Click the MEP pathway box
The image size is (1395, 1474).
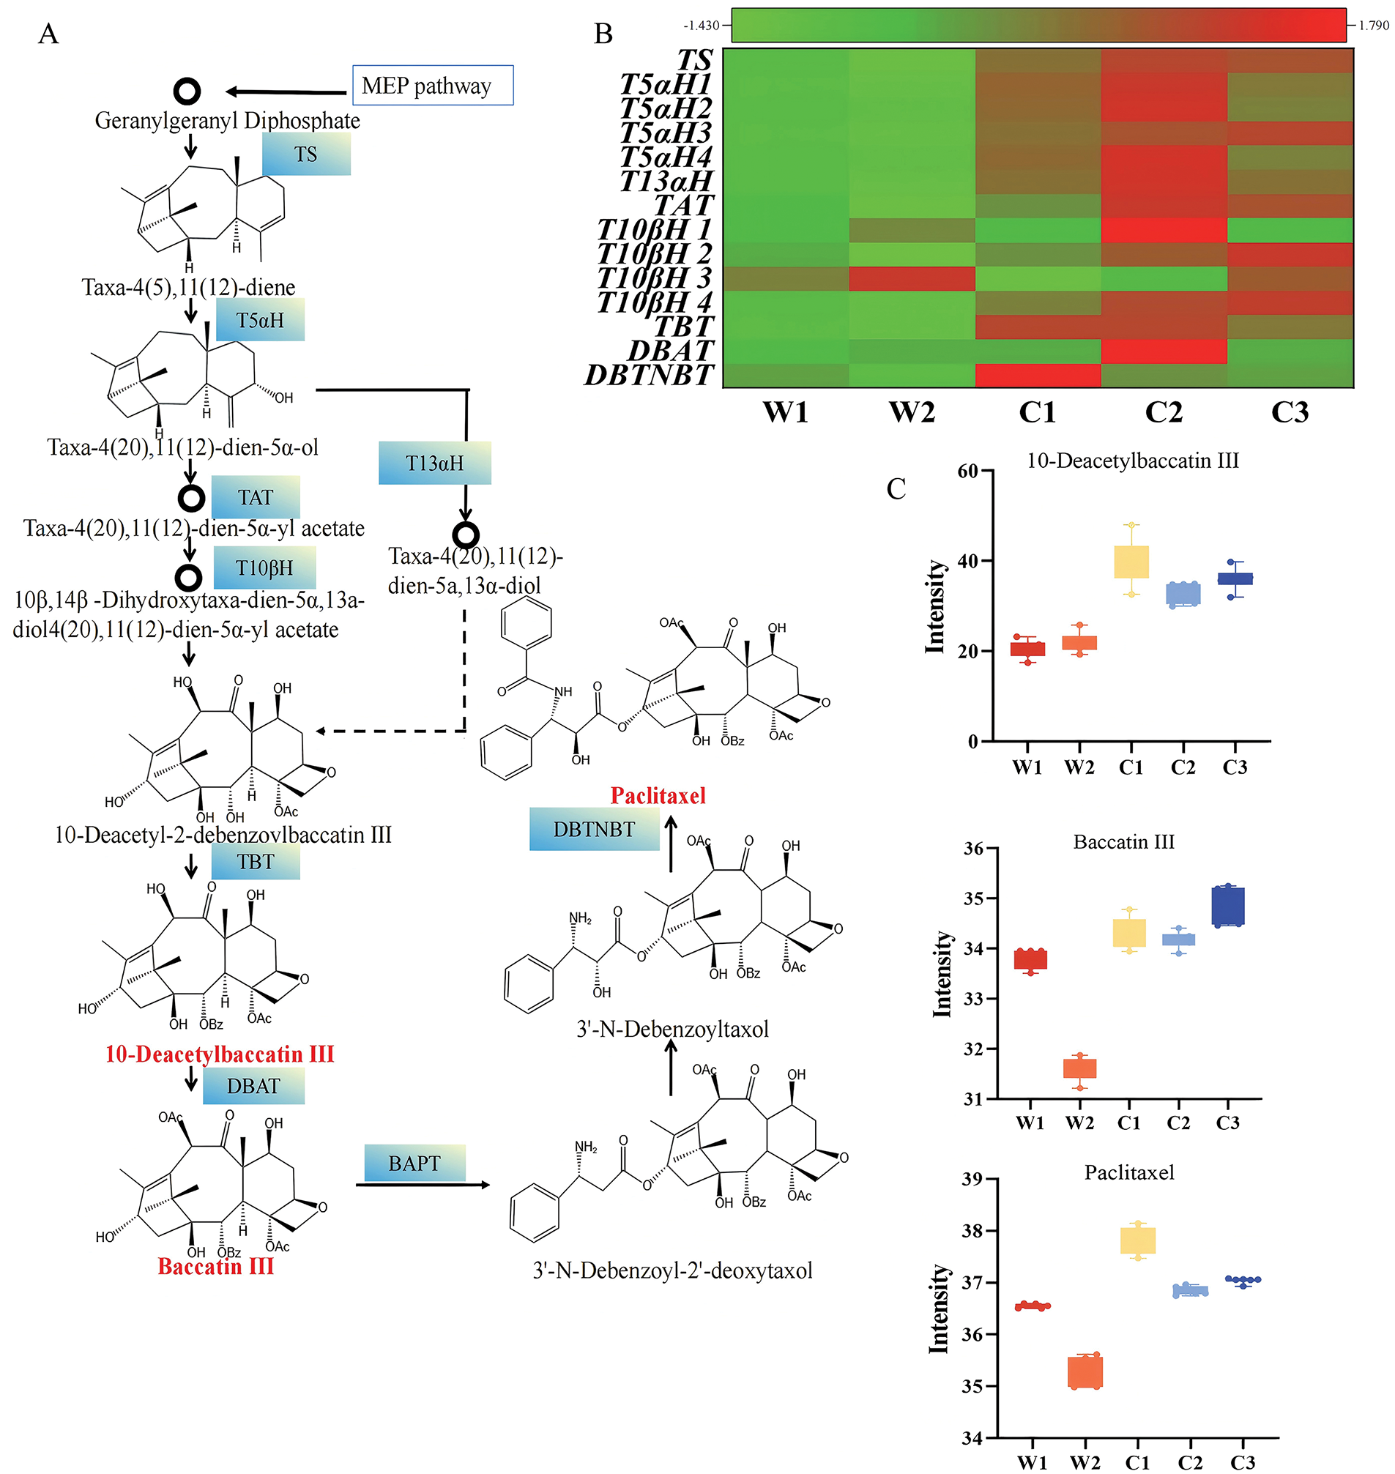(432, 86)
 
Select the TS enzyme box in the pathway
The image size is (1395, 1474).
(305, 154)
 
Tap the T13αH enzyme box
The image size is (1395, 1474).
(434, 463)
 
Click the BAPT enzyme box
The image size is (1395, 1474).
(414, 1162)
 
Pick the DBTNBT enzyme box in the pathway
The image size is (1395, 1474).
(593, 828)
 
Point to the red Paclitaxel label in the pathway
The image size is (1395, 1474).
(658, 796)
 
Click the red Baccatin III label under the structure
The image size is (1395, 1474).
(215, 1266)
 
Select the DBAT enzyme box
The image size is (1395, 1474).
(253, 1086)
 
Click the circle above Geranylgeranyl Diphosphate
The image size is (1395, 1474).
(187, 92)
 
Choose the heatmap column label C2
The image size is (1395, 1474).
(1163, 412)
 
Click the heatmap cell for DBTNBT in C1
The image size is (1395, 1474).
(1038, 375)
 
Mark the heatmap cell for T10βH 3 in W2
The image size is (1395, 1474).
(912, 278)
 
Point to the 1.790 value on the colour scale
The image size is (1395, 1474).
(1374, 26)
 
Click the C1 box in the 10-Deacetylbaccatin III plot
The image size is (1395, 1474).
(1131, 562)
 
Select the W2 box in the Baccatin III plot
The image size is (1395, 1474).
(1079, 1068)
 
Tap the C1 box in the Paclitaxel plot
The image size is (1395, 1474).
(1138, 1240)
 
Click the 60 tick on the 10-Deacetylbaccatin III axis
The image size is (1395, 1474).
(967, 471)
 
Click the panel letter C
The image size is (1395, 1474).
(896, 488)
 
